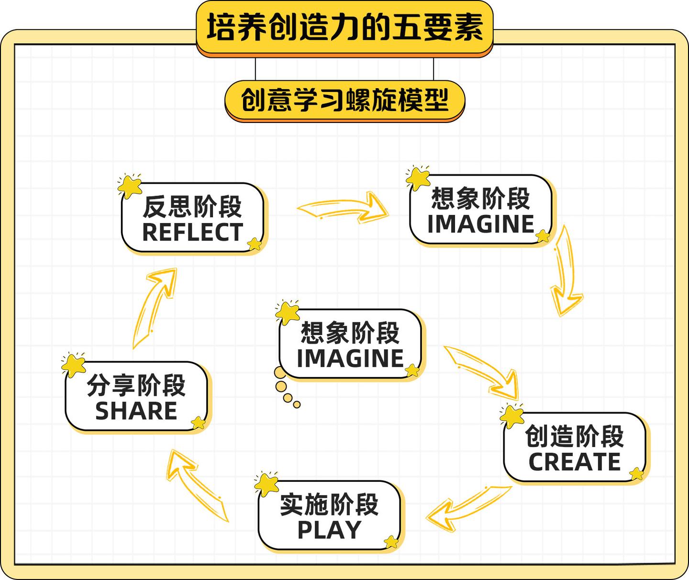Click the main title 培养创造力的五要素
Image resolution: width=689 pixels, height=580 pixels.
[344, 28]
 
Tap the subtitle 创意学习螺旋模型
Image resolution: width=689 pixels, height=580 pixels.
[344, 100]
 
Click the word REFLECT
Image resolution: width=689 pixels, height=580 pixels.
[192, 233]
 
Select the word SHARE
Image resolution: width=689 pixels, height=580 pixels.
[136, 411]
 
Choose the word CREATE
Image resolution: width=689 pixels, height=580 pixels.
[574, 462]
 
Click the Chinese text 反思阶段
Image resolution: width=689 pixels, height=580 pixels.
[192, 207]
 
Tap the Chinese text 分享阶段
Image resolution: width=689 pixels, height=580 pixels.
[136, 386]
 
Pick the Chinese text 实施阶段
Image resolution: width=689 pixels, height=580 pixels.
[329, 504]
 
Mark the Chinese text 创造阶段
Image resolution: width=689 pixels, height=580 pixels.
[574, 436]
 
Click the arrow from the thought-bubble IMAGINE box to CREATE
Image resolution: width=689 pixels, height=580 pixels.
[483, 371]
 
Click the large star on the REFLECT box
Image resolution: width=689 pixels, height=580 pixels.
[130, 186]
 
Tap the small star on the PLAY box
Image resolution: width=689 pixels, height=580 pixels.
[391, 542]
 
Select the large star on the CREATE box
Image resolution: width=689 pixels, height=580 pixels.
[511, 415]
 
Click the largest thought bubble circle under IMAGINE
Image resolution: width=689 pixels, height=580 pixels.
[280, 373]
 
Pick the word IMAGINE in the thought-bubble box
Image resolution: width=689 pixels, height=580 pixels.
[350, 358]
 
